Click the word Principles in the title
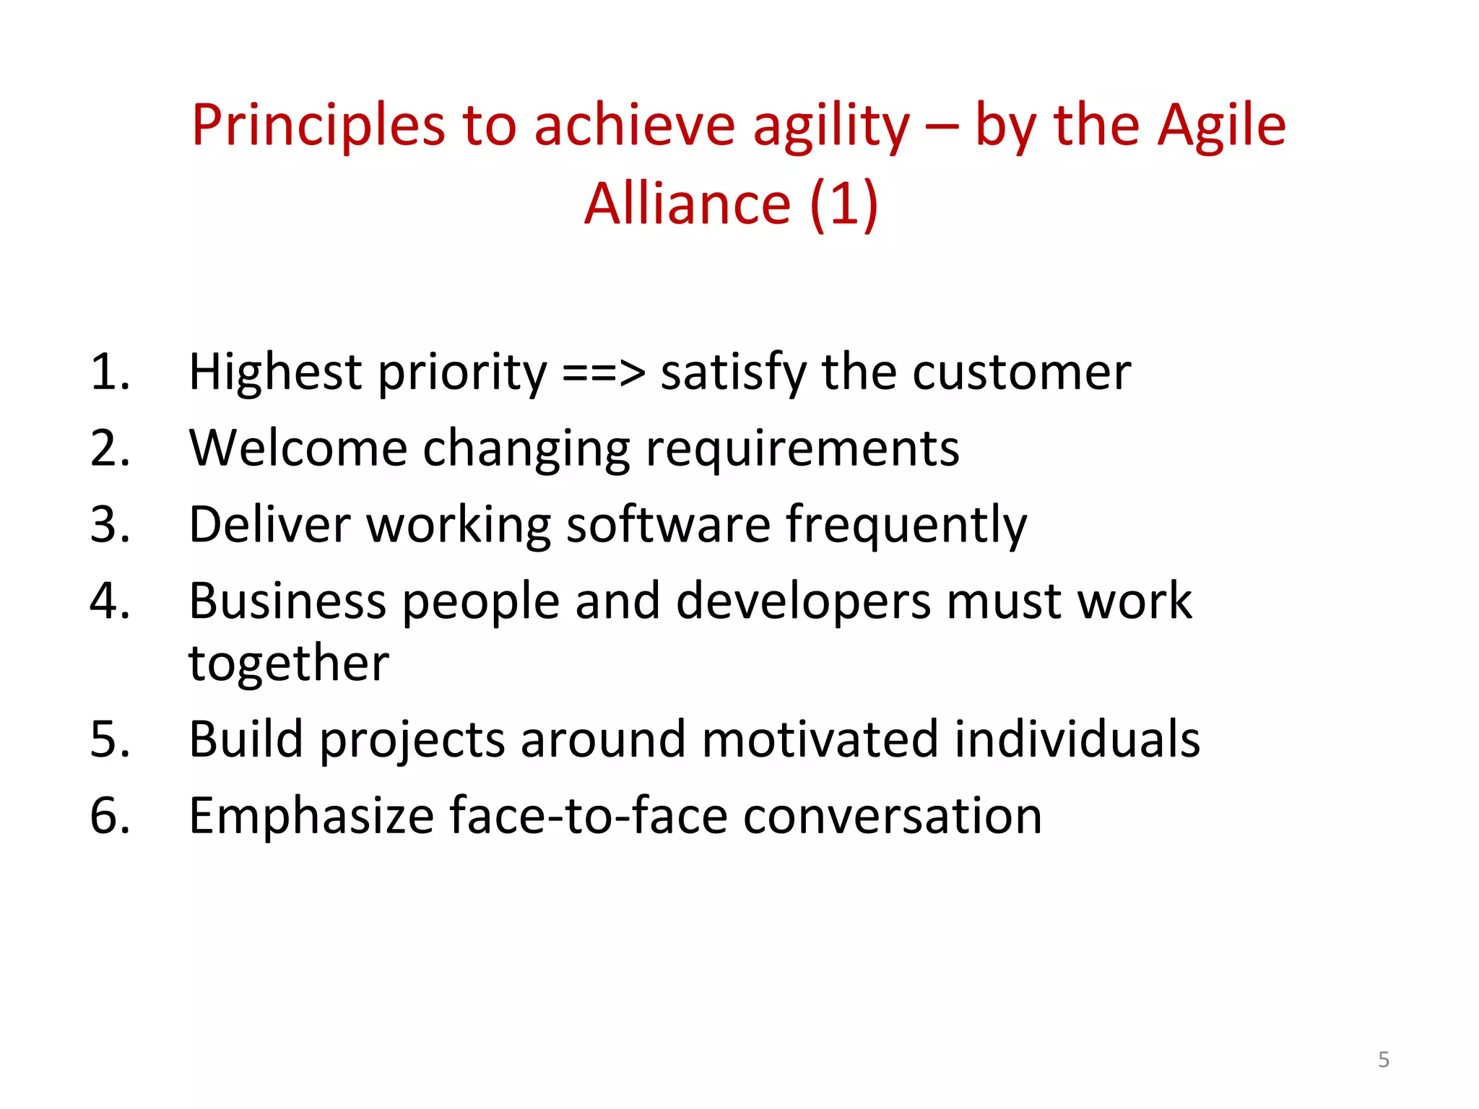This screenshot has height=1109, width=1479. click(318, 126)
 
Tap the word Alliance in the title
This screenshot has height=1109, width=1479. click(687, 204)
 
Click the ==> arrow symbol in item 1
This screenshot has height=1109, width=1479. click(603, 373)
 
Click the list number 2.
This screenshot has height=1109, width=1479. click(110, 449)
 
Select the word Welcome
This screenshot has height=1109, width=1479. click(298, 449)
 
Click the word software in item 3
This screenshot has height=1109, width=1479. click(668, 525)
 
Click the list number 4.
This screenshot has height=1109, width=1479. click(110, 601)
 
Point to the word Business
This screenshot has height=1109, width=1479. click(287, 601)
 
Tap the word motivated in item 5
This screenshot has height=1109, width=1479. click(820, 740)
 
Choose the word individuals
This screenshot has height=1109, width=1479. click(1077, 740)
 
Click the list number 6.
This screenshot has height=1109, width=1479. click(110, 817)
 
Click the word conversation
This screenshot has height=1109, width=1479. click(892, 817)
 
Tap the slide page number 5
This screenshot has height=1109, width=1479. click(1383, 1060)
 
